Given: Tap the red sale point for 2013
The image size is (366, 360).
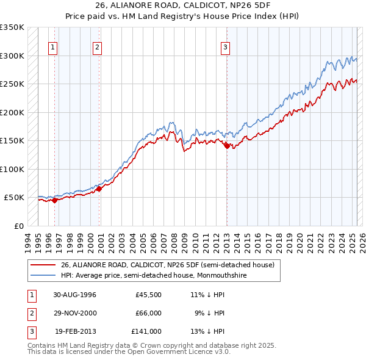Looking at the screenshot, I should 227,145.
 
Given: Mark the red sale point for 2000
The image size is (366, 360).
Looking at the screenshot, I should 99,189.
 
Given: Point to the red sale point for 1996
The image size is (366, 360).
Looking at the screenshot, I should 55,200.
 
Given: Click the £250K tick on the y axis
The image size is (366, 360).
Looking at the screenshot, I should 12,84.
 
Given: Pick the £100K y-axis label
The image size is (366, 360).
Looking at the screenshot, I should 12,169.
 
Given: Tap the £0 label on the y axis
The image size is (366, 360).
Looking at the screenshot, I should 18,226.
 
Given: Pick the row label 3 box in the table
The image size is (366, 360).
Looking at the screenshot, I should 30,331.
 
